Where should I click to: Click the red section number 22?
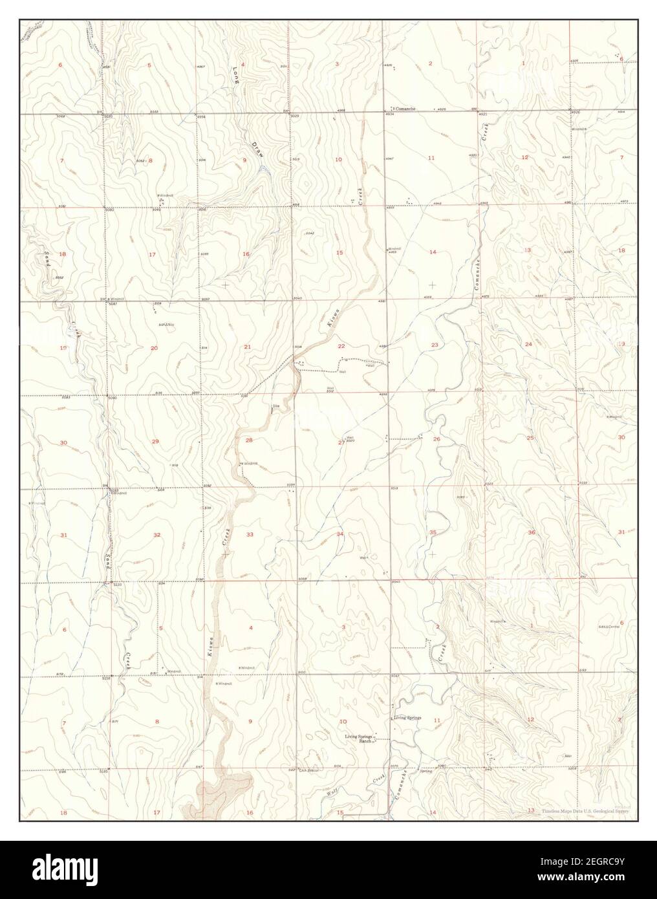click(341, 346)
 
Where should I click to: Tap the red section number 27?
click(341, 442)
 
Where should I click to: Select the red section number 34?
click(339, 534)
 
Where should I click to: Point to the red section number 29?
click(155, 441)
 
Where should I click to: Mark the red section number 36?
click(531, 532)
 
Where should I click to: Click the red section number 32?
click(156, 534)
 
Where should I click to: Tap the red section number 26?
click(436, 439)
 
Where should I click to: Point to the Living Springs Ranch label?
click(360, 739)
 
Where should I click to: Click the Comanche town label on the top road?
click(405, 109)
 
